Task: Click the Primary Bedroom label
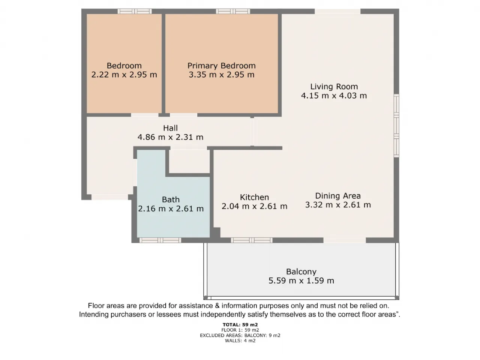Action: point(221,66)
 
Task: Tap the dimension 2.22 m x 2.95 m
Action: point(124,75)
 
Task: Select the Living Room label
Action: point(334,87)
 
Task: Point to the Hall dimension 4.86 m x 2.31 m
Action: point(170,137)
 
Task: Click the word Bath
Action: point(171,199)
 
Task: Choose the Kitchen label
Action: point(254,197)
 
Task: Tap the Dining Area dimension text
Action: point(338,205)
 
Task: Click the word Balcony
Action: point(301,272)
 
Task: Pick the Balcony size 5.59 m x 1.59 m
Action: point(301,280)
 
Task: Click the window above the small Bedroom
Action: point(135,11)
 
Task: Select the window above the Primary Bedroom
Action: point(233,11)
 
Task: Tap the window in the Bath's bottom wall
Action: point(160,240)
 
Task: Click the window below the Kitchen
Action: point(252,240)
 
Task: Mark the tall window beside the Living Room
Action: point(396,126)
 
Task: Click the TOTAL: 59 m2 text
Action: point(240,325)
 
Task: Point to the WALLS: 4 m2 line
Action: point(240,340)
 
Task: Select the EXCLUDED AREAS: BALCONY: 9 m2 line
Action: point(240,335)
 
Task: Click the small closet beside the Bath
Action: point(189,161)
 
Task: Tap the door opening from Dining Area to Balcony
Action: point(345,240)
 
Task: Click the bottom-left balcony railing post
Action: point(205,298)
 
